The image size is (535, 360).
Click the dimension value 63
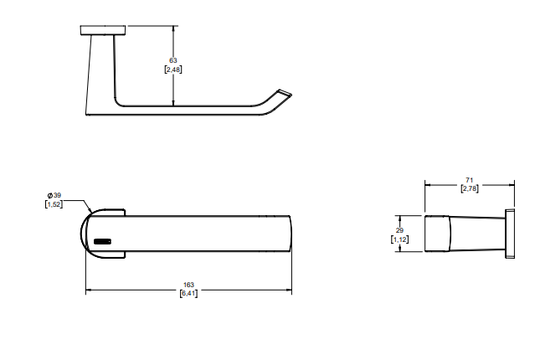(173, 60)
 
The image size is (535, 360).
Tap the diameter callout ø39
(54, 194)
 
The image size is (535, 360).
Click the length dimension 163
(188, 285)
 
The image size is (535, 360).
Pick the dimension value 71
(469, 180)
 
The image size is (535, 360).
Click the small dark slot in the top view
(103, 241)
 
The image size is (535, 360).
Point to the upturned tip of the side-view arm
(280, 92)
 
